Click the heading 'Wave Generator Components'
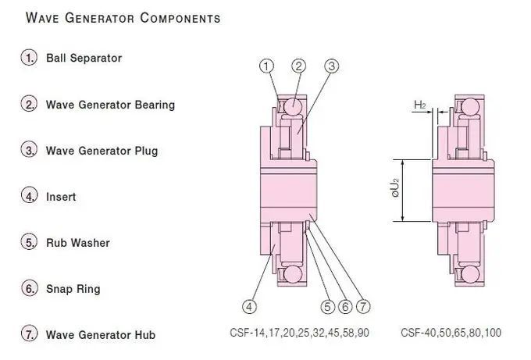click(x=123, y=18)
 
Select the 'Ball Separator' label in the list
click(x=84, y=58)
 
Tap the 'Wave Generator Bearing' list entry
click(x=110, y=105)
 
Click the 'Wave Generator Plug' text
click(x=102, y=151)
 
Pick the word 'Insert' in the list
click(x=61, y=197)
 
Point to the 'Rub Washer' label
click(x=78, y=243)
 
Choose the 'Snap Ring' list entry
click(x=73, y=289)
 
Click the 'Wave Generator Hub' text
click(x=101, y=335)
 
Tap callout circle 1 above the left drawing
click(x=267, y=66)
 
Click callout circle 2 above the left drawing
click(x=298, y=66)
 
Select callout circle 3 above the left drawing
click(x=332, y=66)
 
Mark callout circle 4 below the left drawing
click(x=250, y=307)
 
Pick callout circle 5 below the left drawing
click(x=327, y=307)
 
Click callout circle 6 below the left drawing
click(x=345, y=307)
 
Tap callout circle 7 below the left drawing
click(x=363, y=307)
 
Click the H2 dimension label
click(x=420, y=105)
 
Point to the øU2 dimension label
click(x=395, y=188)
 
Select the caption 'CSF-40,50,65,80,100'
click(x=451, y=333)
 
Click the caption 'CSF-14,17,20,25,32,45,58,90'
click(x=299, y=333)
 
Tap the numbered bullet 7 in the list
click(x=29, y=334)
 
